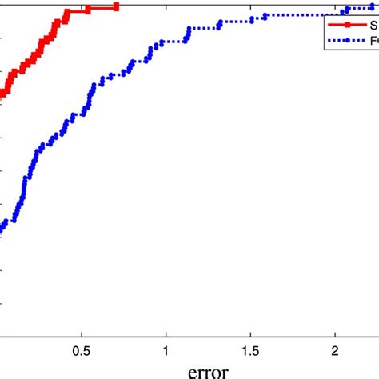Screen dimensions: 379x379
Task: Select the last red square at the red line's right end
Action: tap(117, 6)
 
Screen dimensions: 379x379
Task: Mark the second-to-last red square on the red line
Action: tap(88, 8)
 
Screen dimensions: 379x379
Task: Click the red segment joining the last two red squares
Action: tap(102, 7)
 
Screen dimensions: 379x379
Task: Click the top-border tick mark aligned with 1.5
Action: tap(250, 2)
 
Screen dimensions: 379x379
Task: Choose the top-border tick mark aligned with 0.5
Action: tap(80, 2)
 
